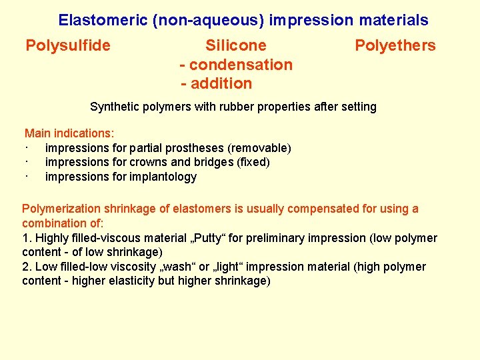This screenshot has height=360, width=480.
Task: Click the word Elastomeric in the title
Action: (103, 20)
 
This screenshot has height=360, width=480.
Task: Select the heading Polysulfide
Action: (68, 46)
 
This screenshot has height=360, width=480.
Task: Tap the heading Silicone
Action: (235, 46)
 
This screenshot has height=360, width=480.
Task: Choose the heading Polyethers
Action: (395, 46)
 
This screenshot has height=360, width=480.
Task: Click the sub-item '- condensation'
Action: (236, 65)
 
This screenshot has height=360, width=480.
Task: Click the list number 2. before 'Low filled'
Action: (27, 267)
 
